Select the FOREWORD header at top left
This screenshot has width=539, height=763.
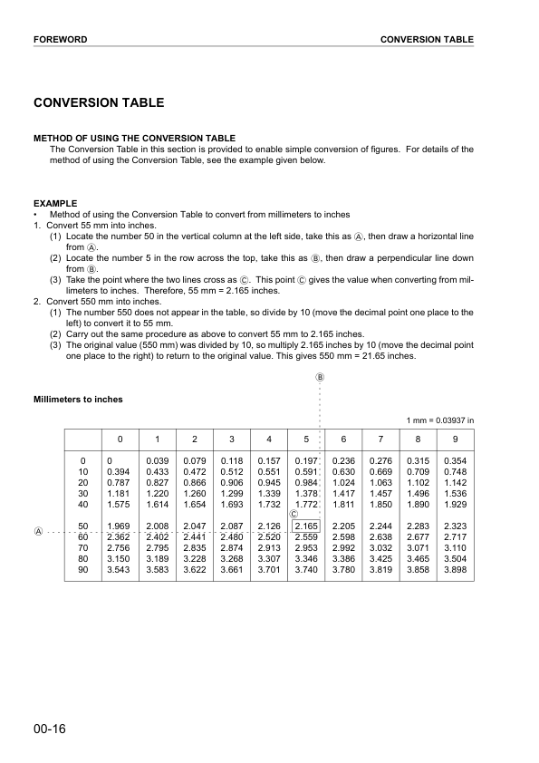point(60,40)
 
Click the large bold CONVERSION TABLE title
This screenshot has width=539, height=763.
point(99,103)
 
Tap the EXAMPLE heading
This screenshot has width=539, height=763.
point(55,203)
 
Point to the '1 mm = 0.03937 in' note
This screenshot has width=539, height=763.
point(440,420)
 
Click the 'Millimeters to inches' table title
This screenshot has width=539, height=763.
point(78,399)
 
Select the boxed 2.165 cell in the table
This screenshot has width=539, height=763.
point(306,526)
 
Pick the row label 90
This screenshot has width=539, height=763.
point(84,568)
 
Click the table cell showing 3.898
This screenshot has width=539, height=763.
point(455,568)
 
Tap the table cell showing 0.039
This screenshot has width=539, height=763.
point(158,461)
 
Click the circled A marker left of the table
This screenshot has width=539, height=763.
point(38,531)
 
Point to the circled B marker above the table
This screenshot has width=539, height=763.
point(319,377)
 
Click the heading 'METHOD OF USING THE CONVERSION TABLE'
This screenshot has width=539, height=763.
point(134,139)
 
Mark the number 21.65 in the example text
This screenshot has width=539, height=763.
point(385,356)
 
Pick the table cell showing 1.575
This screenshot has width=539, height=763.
point(119,504)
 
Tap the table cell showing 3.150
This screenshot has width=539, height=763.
point(119,557)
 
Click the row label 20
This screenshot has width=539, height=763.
point(84,483)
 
